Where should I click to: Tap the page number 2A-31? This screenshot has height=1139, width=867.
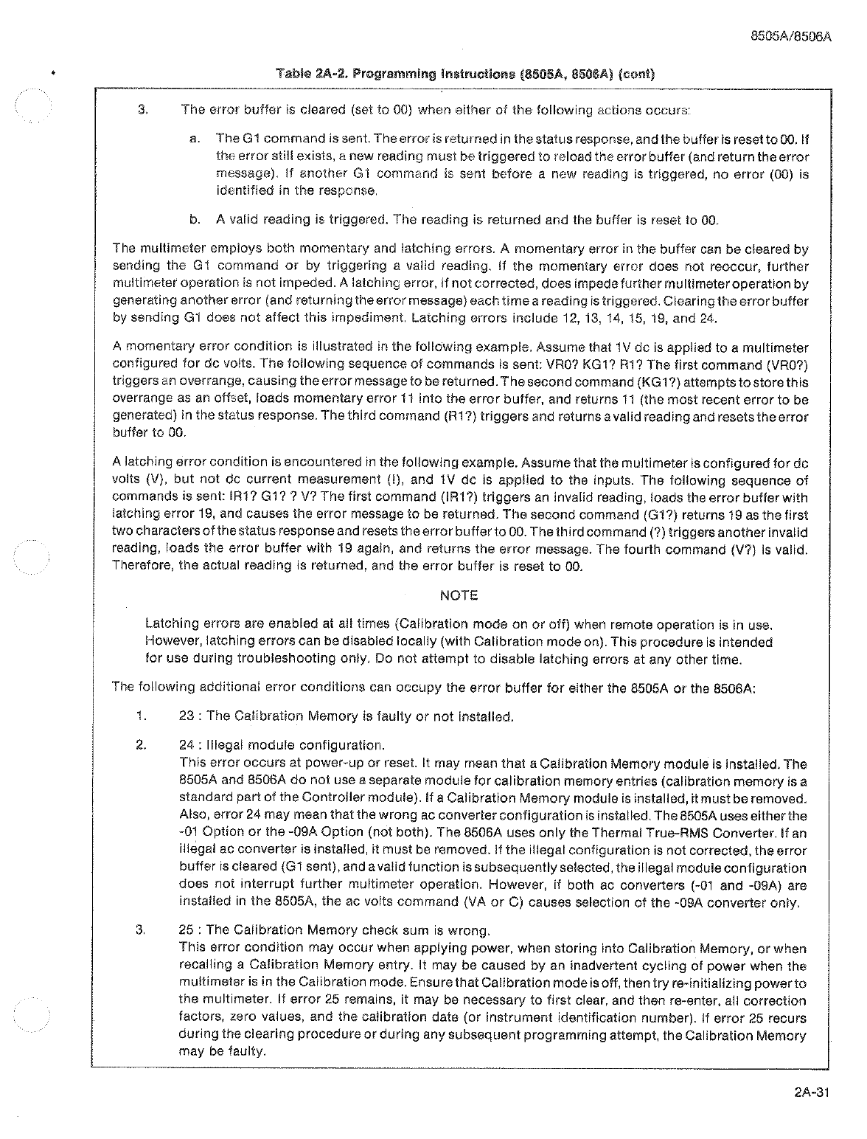coord(812,1094)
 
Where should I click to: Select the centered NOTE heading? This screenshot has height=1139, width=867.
coord(459,595)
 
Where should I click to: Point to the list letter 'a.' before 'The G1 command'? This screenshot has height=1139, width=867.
coord(194,139)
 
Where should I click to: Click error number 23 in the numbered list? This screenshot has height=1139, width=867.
coord(187,716)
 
